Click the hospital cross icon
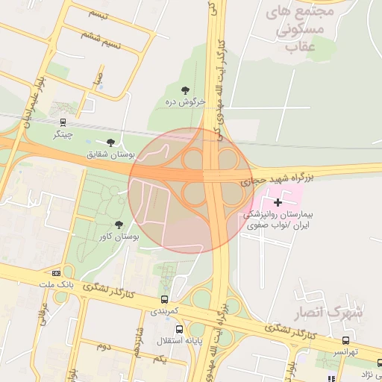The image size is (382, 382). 278,202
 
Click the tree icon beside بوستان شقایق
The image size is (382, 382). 111,142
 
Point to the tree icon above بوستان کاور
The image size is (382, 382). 119,224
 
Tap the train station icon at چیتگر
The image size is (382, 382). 63,122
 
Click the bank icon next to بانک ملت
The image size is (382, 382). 57,273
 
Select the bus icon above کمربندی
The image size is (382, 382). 164,298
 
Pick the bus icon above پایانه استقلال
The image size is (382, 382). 179,329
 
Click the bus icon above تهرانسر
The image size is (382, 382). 345,339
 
